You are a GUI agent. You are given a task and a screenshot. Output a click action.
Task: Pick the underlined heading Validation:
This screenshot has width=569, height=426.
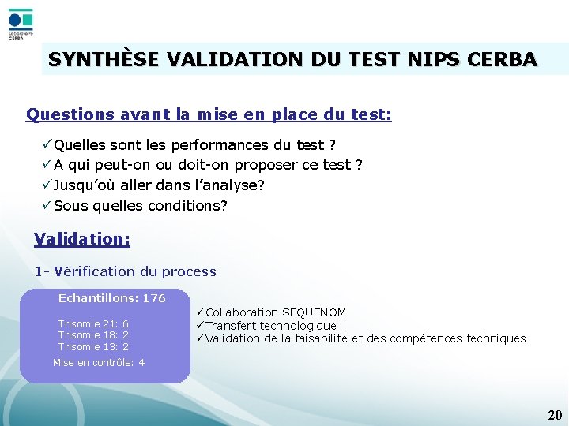click(x=82, y=238)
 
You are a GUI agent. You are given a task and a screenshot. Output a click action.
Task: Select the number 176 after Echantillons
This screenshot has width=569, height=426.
click(x=154, y=298)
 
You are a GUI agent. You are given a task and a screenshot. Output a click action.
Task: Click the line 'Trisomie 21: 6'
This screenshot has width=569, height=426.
click(x=93, y=323)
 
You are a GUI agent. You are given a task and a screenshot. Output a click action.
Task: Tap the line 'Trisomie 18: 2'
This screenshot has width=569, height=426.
click(x=93, y=334)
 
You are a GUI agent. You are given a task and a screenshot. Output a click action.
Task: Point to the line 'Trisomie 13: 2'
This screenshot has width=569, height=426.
click(x=93, y=346)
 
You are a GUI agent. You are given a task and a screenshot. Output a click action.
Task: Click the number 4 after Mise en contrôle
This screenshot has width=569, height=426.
click(x=141, y=363)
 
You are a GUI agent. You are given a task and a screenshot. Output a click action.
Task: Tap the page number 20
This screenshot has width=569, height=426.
click(x=555, y=415)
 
